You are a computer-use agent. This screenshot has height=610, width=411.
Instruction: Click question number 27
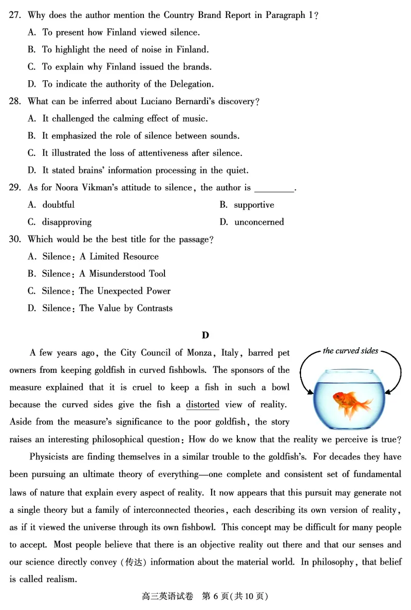14,15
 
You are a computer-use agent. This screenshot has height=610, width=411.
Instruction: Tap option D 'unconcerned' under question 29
258,222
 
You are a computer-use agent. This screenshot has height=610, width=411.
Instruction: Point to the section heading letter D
206,335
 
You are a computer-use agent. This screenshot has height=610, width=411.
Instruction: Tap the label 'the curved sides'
350,351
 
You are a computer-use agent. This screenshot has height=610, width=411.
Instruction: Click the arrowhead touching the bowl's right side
389,392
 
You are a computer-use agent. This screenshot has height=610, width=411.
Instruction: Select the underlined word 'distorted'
202,405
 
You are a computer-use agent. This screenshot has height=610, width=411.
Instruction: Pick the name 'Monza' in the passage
198,353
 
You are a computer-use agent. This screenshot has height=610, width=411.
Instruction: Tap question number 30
14,240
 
